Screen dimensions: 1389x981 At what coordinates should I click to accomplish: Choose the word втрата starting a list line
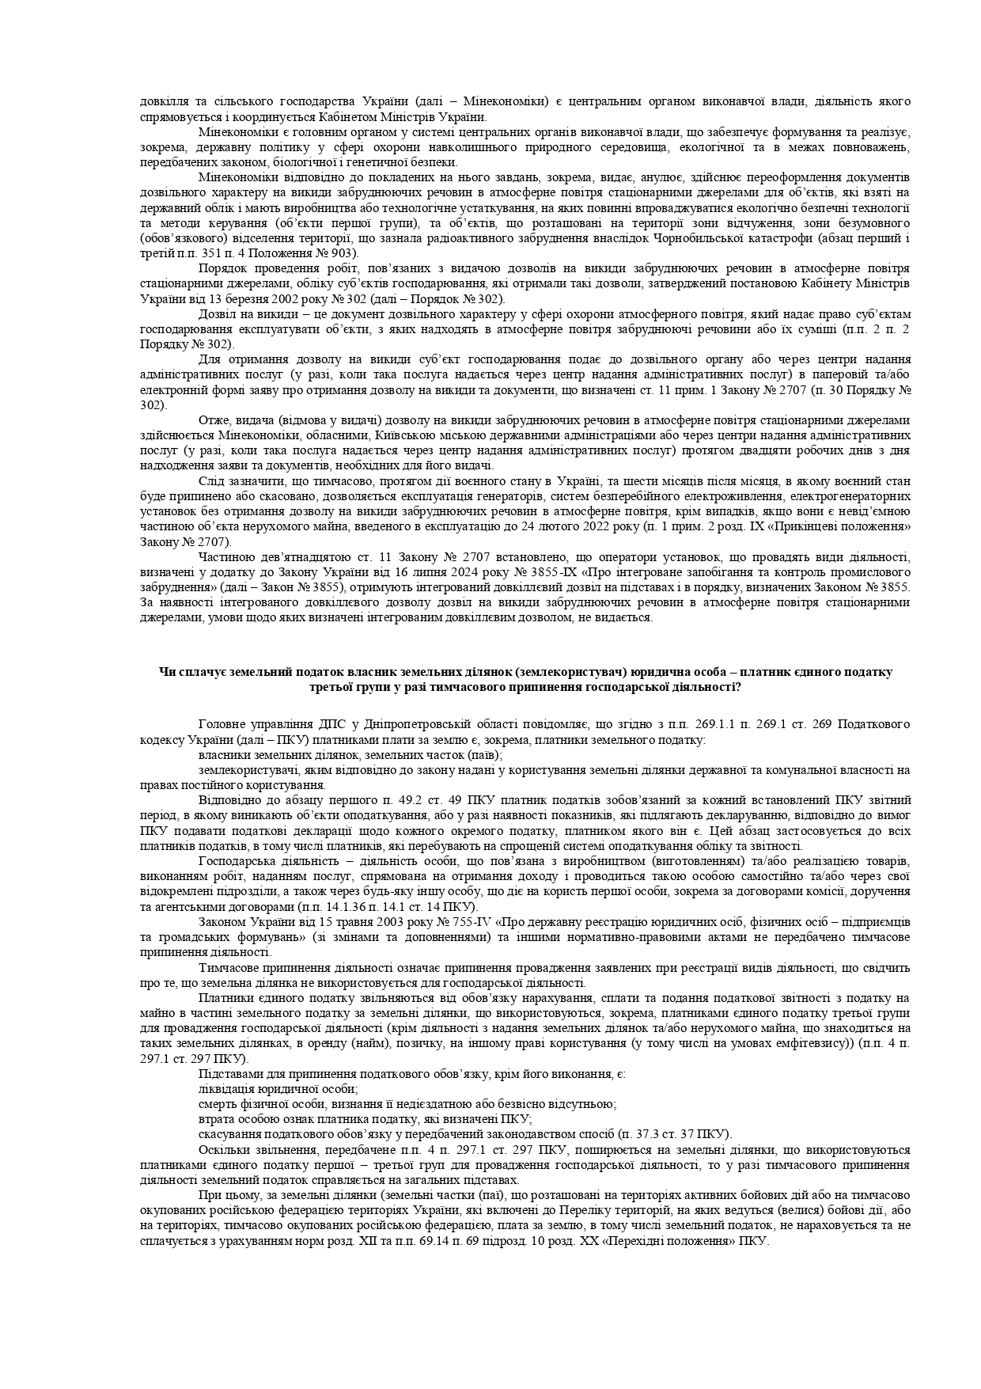point(216,1119)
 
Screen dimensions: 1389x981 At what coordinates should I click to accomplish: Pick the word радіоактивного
point(475,239)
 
